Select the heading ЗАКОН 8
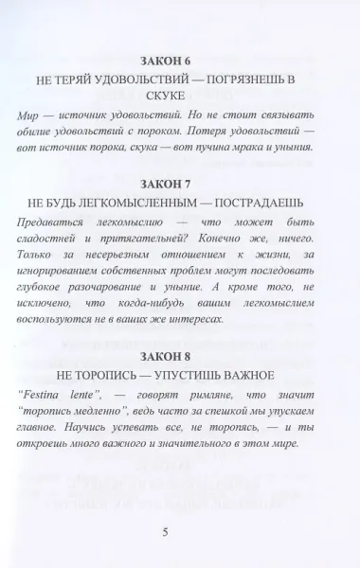click(178, 358)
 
